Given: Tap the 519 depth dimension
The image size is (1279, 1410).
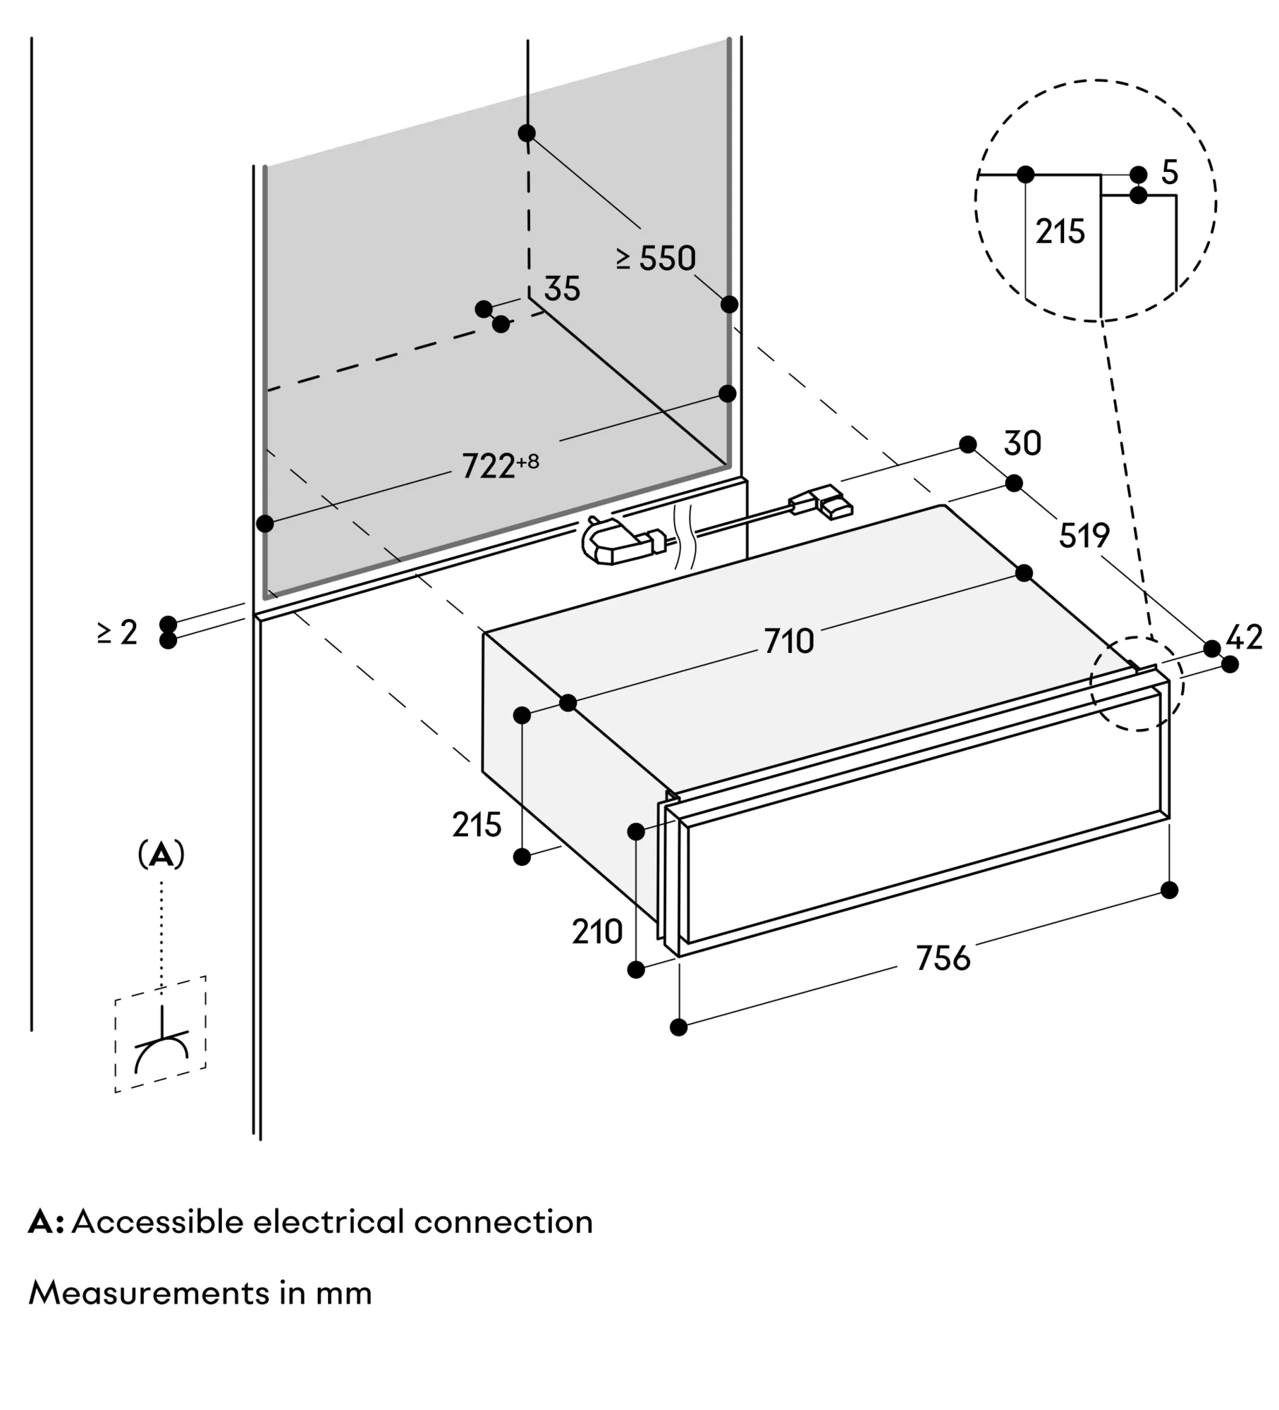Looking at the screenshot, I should tap(1084, 536).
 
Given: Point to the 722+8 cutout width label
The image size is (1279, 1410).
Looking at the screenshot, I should tap(499, 466).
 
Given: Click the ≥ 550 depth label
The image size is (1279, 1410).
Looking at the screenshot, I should tap(656, 259).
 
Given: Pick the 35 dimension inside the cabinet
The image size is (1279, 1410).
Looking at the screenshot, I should tap(562, 289).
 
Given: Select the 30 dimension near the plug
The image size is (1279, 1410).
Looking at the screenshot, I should tap(1022, 444).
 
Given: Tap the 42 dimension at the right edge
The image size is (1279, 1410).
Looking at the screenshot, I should tap(1244, 638).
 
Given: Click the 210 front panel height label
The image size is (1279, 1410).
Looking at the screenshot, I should tap(597, 932).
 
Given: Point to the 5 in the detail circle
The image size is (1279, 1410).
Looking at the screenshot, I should tap(1170, 173).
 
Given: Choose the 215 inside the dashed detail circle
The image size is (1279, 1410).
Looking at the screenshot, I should tap(1060, 232).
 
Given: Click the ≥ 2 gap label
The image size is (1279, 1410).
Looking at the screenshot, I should tap(118, 632).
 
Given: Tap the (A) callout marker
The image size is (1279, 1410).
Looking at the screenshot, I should tap(161, 855).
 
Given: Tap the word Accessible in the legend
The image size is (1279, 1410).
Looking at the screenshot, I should tap(157, 1222).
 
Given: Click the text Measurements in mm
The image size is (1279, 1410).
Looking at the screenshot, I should tap(200, 1293).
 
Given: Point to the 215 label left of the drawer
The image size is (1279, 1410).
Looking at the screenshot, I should tap(477, 825).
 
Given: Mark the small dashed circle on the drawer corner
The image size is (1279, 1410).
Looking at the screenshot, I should tap(1137, 682).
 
